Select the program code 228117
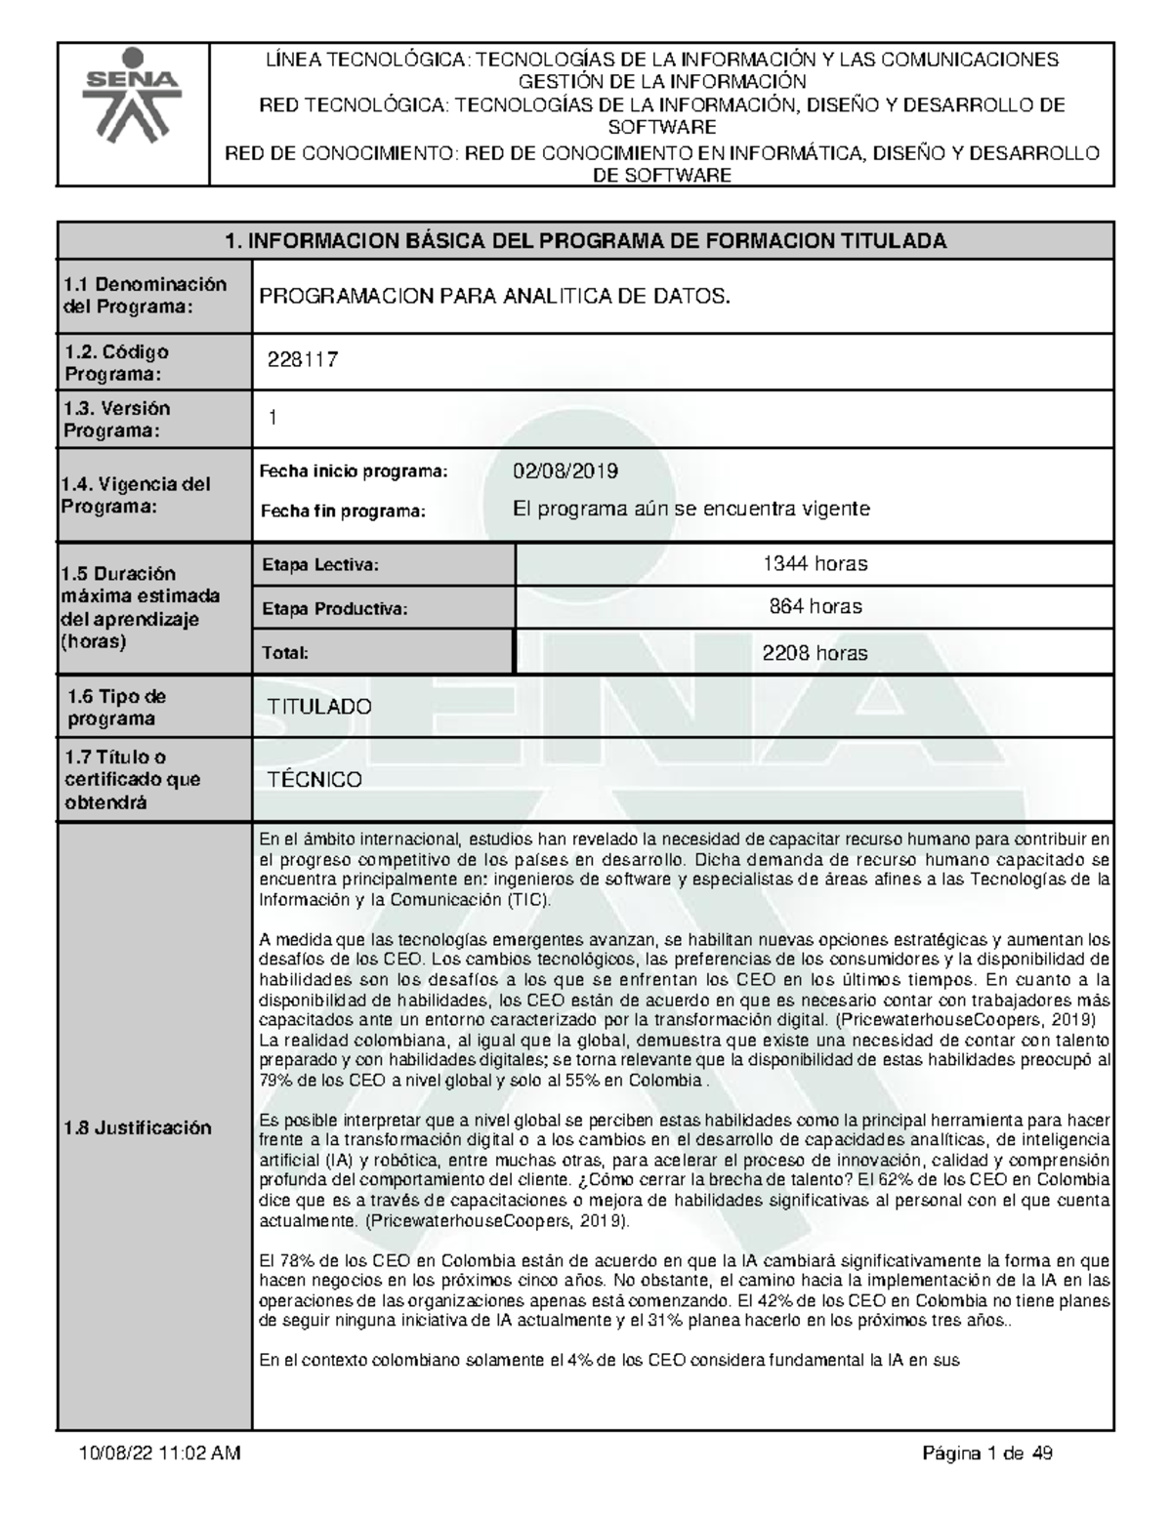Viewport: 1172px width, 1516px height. (x=303, y=360)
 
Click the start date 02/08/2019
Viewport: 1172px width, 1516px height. (x=565, y=471)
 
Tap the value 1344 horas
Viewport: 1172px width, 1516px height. (x=815, y=563)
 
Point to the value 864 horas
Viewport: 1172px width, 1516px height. (x=815, y=607)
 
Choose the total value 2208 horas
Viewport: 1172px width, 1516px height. (x=815, y=653)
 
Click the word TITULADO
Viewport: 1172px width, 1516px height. (x=319, y=707)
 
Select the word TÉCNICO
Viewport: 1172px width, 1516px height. (x=314, y=780)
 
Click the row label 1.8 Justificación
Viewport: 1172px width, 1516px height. (x=137, y=1127)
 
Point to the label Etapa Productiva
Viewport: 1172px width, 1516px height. (x=333, y=609)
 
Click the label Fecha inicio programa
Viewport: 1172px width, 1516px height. (x=352, y=472)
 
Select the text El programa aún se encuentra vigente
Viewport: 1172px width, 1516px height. (x=691, y=510)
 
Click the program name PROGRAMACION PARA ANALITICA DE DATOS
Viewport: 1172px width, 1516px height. (x=493, y=297)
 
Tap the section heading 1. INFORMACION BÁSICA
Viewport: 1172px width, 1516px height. (x=585, y=241)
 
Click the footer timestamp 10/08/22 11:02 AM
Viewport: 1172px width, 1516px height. (x=159, y=1455)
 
